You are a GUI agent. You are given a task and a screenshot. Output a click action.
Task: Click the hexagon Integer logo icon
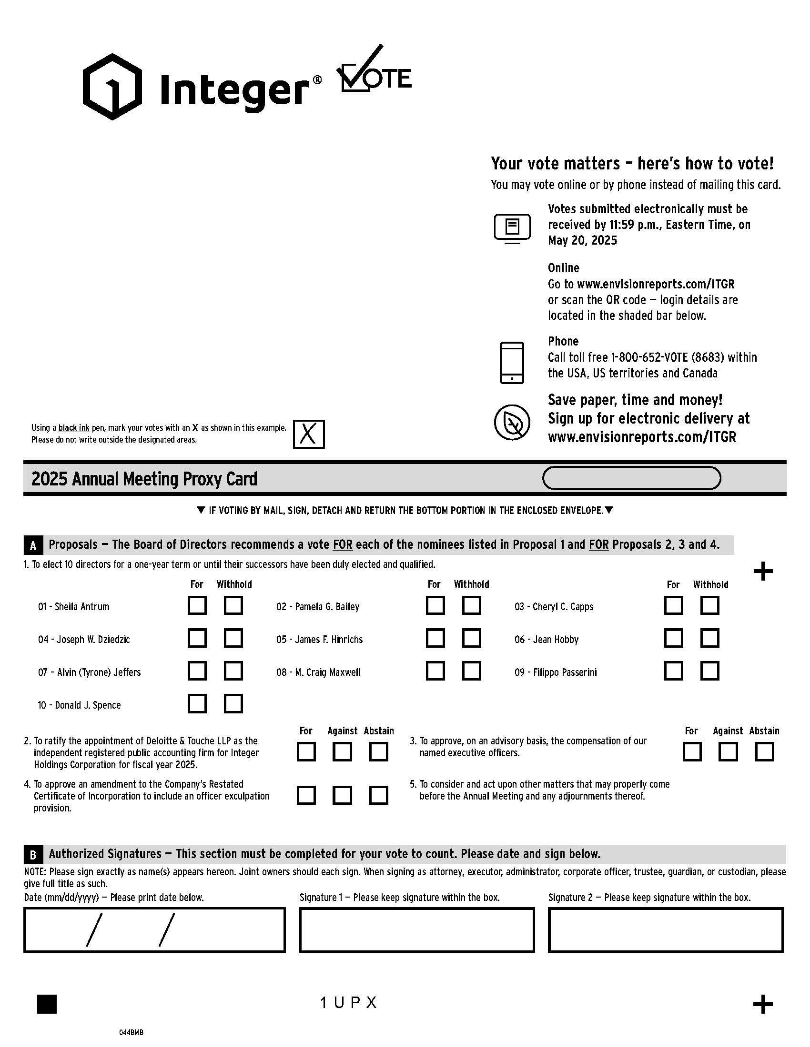(112, 87)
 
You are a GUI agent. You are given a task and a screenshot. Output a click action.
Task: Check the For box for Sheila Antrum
(197, 605)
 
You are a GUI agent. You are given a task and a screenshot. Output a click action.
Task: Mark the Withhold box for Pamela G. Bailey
(471, 605)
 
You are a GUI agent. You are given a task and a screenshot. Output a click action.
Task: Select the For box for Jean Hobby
(673, 638)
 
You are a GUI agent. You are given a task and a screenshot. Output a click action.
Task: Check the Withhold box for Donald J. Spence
(233, 704)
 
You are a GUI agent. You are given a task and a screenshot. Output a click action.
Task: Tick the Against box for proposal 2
(342, 751)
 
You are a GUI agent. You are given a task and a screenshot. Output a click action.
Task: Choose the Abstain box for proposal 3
(764, 751)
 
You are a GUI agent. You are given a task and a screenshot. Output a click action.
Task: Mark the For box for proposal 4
(306, 795)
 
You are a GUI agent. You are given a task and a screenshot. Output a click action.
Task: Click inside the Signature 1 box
(416, 929)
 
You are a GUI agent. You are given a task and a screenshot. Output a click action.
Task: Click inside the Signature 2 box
(665, 929)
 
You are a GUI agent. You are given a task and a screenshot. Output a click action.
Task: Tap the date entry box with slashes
(154, 929)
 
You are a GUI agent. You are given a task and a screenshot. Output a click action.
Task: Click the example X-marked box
(309, 434)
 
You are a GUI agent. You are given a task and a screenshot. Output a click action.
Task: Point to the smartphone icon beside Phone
(512, 363)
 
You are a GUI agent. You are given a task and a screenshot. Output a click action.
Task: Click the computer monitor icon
(512, 228)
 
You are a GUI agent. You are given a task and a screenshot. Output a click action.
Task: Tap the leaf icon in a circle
(512, 422)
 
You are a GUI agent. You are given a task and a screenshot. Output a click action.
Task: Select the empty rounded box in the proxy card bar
(631, 478)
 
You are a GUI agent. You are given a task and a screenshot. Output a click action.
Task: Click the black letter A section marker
(33, 545)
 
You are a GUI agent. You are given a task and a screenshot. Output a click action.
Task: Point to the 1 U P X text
(349, 1002)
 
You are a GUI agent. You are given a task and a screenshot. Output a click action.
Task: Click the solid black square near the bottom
(47, 1004)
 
